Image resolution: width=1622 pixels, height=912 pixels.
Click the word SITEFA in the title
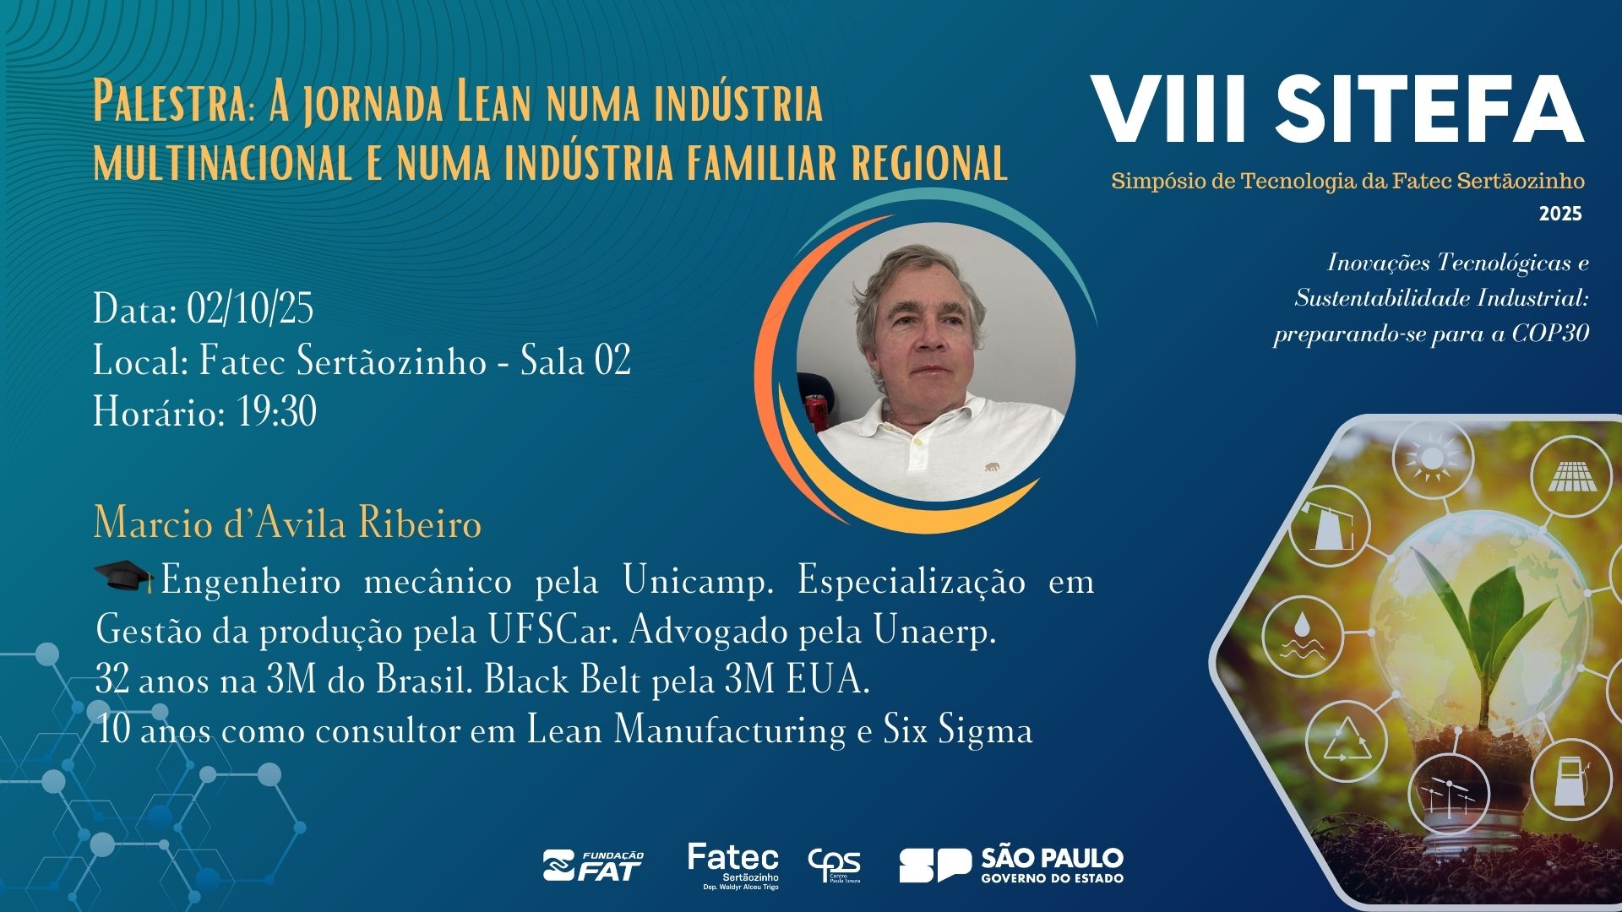tap(1429, 111)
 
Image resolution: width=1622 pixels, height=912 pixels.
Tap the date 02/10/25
tap(250, 309)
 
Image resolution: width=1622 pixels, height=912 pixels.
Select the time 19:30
tap(277, 413)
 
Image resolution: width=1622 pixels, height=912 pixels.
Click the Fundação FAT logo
tap(593, 866)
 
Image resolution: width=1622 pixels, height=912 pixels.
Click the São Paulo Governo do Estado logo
tap(1011, 866)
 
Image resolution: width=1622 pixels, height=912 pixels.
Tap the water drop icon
tap(1302, 635)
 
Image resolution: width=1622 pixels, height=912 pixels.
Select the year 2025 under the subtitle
tap(1560, 214)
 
